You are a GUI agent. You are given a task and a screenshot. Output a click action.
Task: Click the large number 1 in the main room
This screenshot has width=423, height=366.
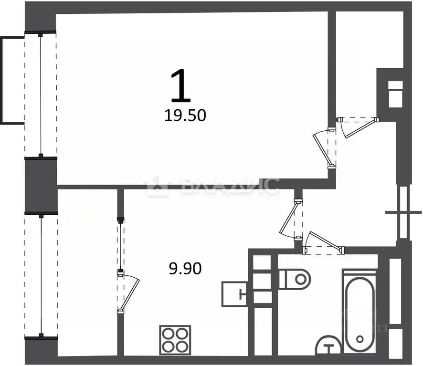pos(181,86)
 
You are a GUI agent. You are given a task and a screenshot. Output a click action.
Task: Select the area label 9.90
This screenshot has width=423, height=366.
pos(185,269)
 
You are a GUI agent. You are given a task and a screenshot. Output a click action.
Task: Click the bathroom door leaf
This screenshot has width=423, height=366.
pos(325,241)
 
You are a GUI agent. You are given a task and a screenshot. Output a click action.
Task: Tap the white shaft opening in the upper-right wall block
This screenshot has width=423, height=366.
pos(395,94)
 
